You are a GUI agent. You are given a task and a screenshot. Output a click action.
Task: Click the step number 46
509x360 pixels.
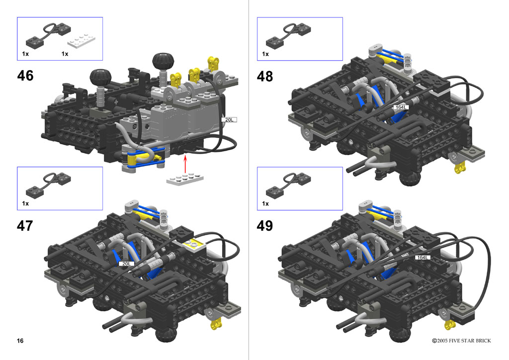tap(25, 76)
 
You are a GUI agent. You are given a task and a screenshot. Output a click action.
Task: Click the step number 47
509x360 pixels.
tap(25, 226)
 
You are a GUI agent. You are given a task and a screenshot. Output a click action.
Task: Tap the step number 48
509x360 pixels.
tap(265, 77)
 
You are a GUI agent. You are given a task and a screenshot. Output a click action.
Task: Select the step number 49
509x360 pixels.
tap(265, 226)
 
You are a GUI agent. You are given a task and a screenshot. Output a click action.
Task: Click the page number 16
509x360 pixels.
tap(20, 341)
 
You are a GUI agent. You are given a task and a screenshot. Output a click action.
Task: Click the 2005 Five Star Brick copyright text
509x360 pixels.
tap(461, 341)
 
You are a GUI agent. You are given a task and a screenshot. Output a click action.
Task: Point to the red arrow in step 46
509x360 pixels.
tap(185, 164)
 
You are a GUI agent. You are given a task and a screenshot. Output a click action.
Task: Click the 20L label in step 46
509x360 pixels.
tap(229, 120)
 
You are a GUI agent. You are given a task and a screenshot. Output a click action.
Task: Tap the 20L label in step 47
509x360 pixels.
tap(126, 264)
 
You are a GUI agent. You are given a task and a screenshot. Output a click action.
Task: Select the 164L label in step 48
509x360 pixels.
tap(401, 107)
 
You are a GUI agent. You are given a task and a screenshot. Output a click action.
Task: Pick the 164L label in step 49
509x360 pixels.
tap(423, 258)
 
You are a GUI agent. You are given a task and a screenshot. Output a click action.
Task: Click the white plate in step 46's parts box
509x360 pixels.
tap(81, 41)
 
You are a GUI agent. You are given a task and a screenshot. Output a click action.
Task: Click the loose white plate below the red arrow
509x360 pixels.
tap(185, 179)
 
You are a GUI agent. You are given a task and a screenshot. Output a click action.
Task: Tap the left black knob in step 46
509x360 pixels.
tap(100, 77)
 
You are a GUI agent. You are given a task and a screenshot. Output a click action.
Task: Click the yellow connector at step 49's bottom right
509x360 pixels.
tap(449, 324)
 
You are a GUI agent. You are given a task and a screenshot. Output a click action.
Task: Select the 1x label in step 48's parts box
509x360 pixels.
tap(265, 54)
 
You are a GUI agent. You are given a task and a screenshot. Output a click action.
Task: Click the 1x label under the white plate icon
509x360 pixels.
tap(65, 54)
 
